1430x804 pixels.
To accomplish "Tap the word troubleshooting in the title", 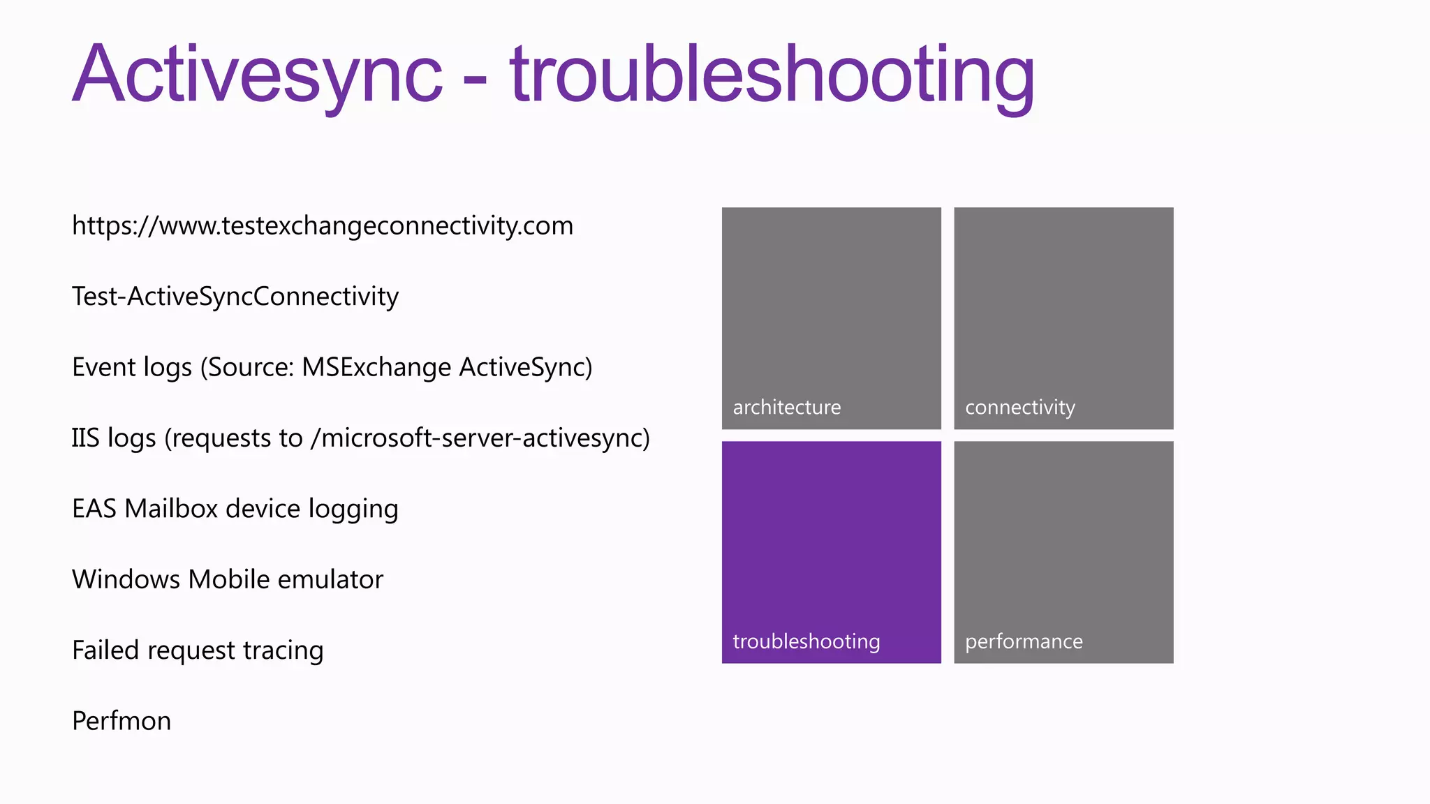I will click(772, 75).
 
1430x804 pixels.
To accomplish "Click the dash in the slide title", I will click(475, 82).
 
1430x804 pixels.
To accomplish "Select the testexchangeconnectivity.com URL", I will click(323, 226).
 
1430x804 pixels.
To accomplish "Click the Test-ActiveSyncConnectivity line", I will click(235, 297).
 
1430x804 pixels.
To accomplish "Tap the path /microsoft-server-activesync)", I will click(480, 438).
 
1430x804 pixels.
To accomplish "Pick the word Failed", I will click(105, 650).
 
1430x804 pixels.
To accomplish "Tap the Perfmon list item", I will click(121, 721).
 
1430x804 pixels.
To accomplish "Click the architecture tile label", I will click(787, 408).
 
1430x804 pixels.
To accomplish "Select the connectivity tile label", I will click(1020, 408).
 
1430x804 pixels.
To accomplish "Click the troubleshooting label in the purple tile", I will click(806, 641).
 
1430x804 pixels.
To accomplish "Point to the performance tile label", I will click(1024, 641).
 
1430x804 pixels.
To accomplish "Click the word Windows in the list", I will click(126, 579).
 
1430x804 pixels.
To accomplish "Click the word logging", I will click(353, 509).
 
